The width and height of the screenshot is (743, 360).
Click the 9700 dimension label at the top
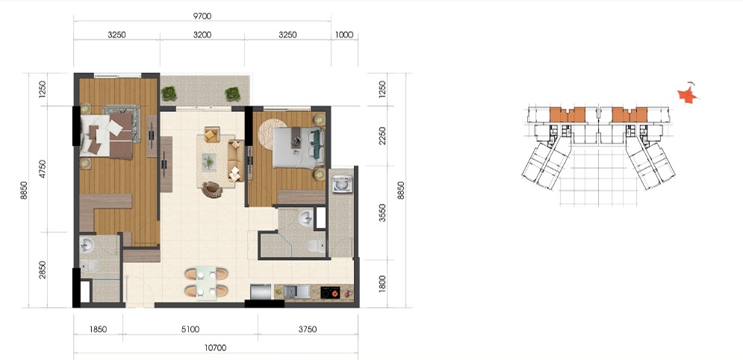pyautogui.click(x=202, y=16)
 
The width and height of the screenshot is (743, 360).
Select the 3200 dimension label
pyautogui.click(x=202, y=34)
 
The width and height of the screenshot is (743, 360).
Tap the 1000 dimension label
pyautogui.click(x=344, y=34)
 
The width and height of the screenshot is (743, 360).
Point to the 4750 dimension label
pyautogui.click(x=43, y=169)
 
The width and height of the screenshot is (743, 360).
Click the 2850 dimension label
pyautogui.click(x=43, y=270)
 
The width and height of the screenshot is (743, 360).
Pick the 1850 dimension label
pyautogui.click(x=98, y=329)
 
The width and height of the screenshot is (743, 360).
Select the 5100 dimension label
pyautogui.click(x=190, y=329)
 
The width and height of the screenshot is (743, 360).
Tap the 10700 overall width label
pyautogui.click(x=216, y=348)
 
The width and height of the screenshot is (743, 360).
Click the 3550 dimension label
pyautogui.click(x=383, y=213)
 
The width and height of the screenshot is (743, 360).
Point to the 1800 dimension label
pyautogui.click(x=383, y=284)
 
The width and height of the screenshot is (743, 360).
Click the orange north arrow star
pyautogui.click(x=688, y=95)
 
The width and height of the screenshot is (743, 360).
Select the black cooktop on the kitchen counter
pyautogui.click(x=330, y=292)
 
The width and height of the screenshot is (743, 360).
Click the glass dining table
pyautogui.click(x=206, y=283)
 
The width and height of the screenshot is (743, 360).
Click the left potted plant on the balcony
pyautogui.click(x=169, y=93)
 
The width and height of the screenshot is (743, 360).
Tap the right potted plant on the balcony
pyautogui.click(x=233, y=94)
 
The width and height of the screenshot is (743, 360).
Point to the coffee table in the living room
pyautogui.click(x=208, y=161)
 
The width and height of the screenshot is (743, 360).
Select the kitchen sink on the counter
pyautogui.click(x=296, y=291)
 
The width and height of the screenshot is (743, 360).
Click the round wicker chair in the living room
pyautogui.click(x=212, y=190)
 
